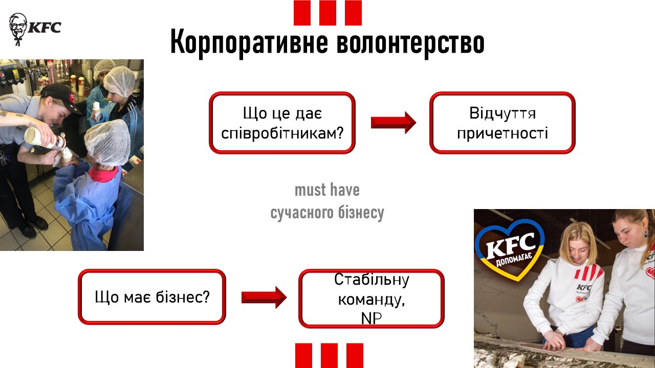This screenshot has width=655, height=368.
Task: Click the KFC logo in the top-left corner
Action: coord(35,29)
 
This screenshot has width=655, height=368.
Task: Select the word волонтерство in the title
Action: coord(410,42)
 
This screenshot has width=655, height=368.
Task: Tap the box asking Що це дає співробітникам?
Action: coord(282,123)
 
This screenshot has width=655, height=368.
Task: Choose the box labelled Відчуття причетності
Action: coord(503,123)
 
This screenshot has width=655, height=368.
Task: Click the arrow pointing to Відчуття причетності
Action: coord(394,123)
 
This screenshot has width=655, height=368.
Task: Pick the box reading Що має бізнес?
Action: coord(152,297)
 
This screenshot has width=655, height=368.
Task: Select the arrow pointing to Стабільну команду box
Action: coord(264,297)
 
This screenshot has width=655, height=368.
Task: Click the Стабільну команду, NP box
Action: coord(372,298)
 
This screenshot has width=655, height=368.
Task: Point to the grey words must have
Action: coord(327,190)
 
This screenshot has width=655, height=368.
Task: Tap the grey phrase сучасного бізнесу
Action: coord(327,213)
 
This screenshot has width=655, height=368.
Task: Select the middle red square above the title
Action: coord(327,13)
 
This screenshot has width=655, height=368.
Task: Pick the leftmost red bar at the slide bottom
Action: coord(303,355)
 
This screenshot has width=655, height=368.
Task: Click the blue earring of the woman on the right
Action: coord(645,234)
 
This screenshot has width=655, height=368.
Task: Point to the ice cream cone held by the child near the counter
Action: coord(97,109)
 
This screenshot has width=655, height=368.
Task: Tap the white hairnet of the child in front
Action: coord(107,142)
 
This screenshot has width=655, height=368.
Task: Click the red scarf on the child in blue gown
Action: coord(104,173)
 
